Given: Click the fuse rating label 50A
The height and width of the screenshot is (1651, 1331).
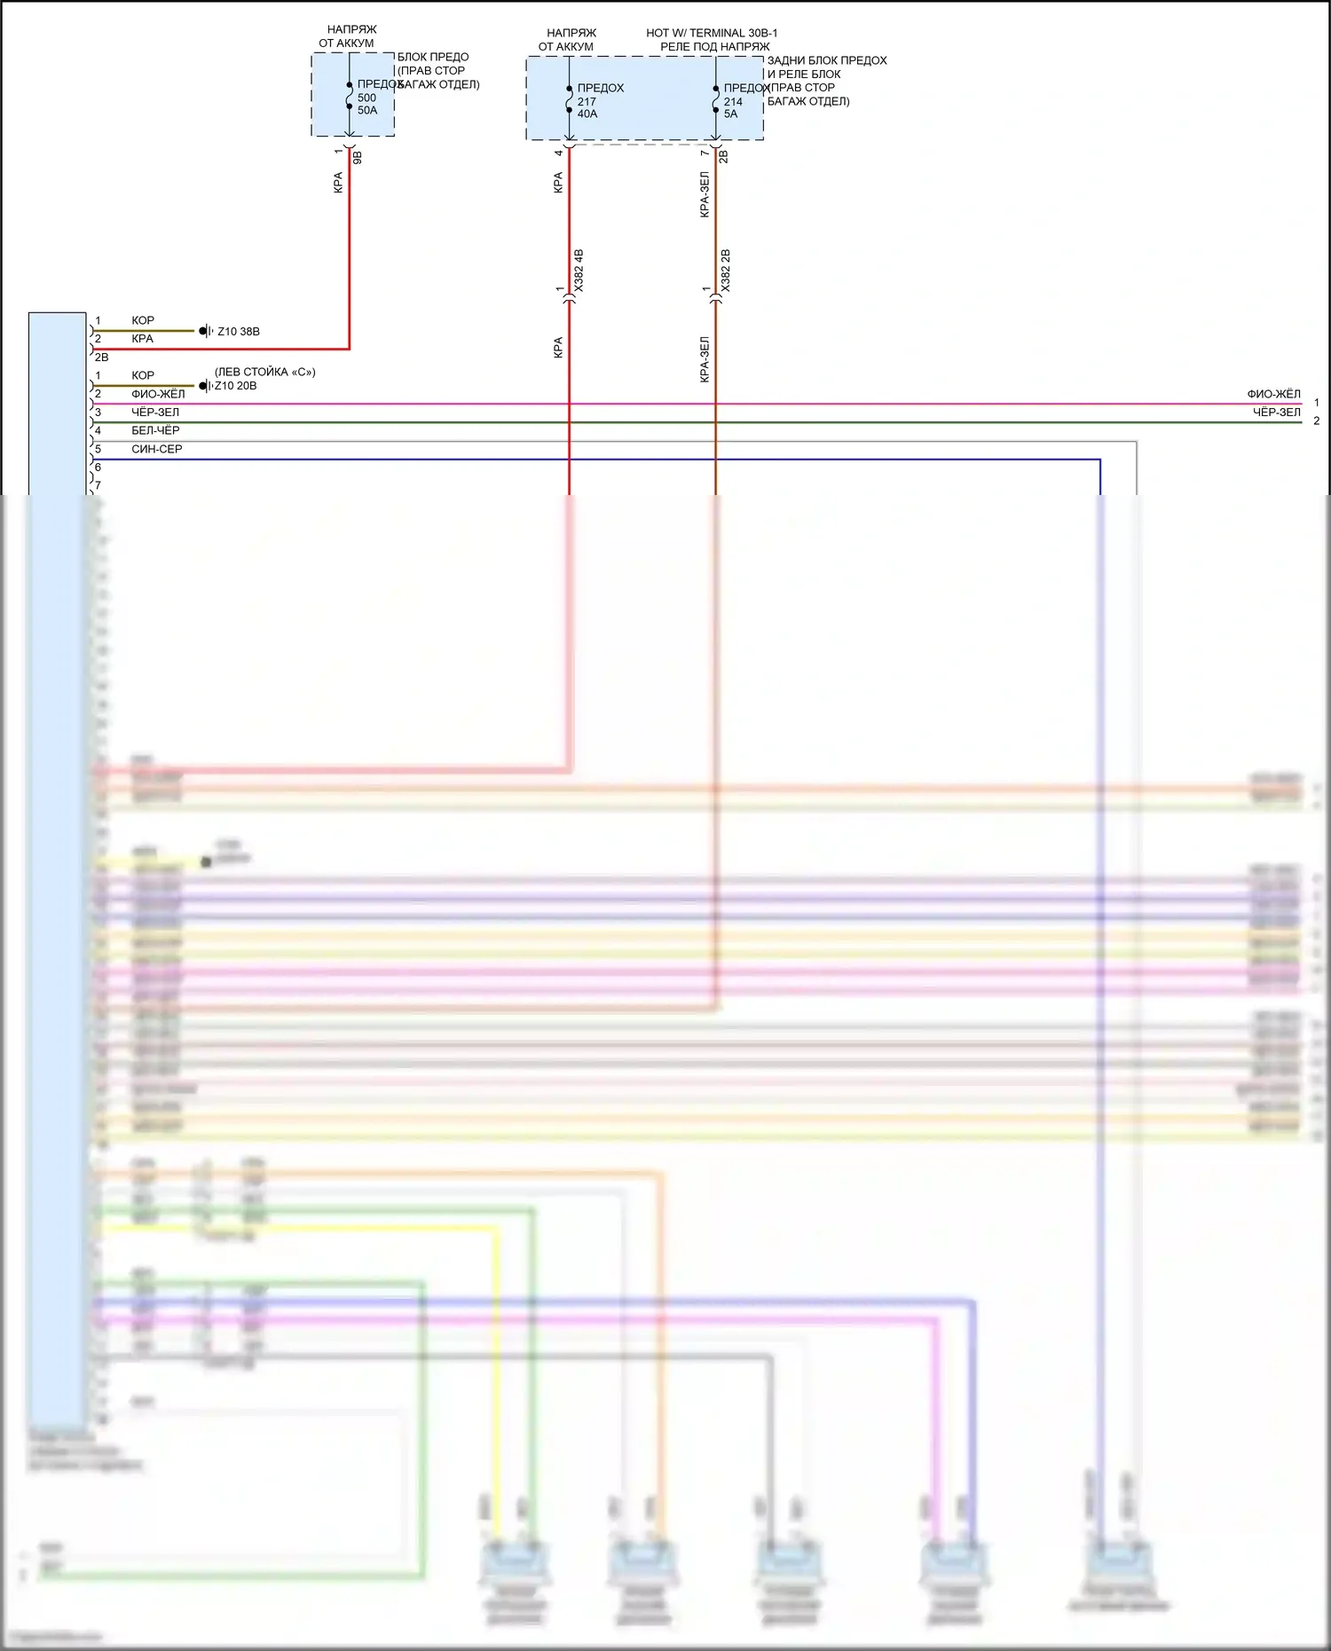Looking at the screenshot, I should pos(367,111).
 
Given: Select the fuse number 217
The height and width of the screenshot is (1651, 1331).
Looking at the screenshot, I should pos(587,102).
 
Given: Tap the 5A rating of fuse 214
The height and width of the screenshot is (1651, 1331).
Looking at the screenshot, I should pos(730,114).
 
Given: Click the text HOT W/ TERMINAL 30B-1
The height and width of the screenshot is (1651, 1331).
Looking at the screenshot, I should pos(712,33).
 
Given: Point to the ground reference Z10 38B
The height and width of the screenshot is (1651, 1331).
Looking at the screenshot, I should pos(239,332).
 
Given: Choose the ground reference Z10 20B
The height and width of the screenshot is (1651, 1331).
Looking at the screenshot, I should pos(236,386).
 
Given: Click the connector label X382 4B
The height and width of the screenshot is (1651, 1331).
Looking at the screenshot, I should pos(579,271).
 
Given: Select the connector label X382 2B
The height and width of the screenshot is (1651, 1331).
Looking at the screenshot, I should pos(726,271).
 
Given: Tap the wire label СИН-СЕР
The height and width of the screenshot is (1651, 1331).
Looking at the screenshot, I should pos(157,450).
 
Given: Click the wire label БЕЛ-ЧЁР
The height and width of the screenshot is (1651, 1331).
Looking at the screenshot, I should pos(155,430).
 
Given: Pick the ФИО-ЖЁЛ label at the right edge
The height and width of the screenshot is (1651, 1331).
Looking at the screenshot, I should pos(1273,394).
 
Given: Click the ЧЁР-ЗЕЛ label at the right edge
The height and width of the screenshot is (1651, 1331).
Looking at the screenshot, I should pos(1276,413).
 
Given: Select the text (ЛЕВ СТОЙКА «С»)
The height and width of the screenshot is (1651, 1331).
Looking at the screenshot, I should pos(264,372).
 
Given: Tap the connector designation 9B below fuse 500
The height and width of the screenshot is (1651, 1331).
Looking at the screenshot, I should pos(358,158).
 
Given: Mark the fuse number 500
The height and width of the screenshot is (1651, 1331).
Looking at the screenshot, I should pos(366,98).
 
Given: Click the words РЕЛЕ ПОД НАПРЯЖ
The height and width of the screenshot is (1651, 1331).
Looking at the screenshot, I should pos(715,46).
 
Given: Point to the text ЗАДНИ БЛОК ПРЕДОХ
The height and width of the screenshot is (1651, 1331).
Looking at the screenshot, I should pos(827,60).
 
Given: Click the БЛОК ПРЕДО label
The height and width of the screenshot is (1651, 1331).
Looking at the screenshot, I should pos(433,57).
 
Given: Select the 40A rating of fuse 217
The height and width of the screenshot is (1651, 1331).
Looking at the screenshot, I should pos(587,114).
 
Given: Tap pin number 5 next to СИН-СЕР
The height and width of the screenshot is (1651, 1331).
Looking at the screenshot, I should pos(98,449).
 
